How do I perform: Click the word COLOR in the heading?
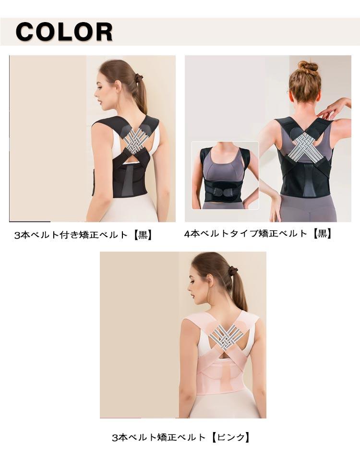[64, 32]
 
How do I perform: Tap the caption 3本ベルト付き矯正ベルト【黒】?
[84, 235]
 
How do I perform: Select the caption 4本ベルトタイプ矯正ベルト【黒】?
[258, 233]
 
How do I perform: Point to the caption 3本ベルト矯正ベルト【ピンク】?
[181, 437]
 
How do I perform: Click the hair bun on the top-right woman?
[308, 67]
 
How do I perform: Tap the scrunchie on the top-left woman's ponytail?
[138, 78]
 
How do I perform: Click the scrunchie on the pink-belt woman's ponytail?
[233, 272]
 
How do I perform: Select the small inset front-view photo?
[225, 175]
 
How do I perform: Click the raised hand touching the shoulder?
[333, 108]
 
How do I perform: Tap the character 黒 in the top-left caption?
[143, 235]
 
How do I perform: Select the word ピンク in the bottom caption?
[231, 437]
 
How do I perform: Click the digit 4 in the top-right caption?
[187, 233]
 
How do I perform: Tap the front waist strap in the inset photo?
[225, 192]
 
